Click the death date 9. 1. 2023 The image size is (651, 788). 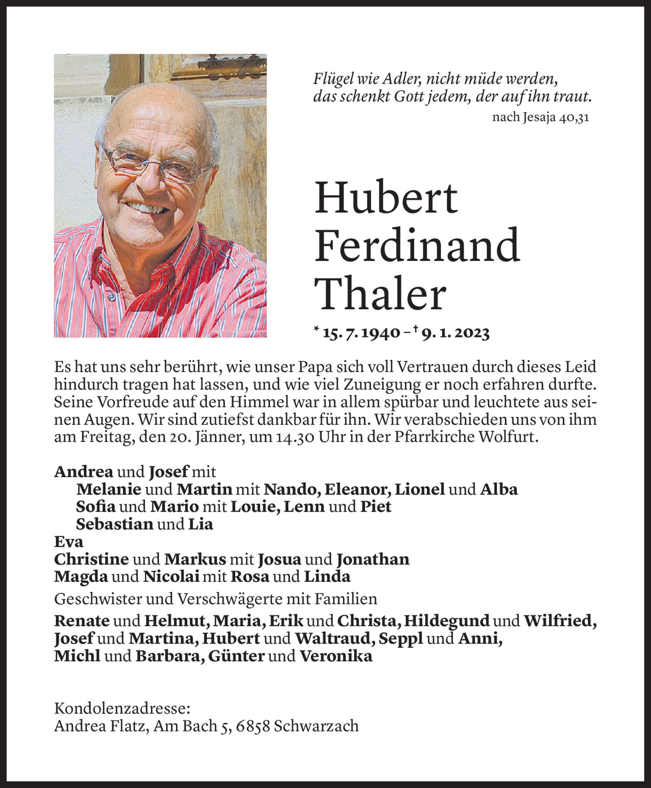tap(455, 333)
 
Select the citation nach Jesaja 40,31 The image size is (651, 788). tap(540, 118)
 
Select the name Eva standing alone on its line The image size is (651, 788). tap(69, 542)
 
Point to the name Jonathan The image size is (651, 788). tap(373, 559)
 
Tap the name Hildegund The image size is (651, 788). tap(447, 621)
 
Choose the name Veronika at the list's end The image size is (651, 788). tap(336, 656)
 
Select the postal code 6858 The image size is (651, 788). tap(253, 726)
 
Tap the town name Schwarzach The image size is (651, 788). tap(316, 726)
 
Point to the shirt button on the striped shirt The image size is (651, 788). tap(111, 297)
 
